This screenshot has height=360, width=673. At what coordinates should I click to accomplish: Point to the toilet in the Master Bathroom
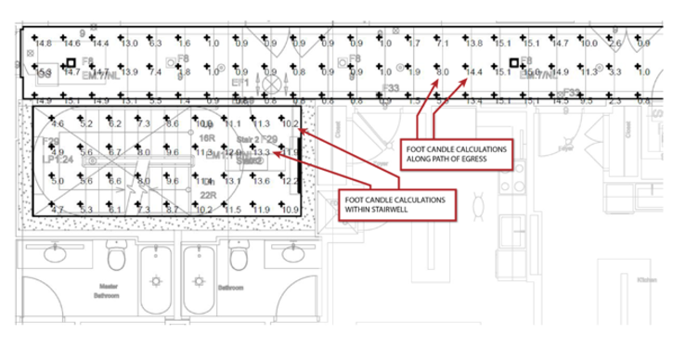point(117,258)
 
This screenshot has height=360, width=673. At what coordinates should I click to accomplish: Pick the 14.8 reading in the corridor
point(44,44)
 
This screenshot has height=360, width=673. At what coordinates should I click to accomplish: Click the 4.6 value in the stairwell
point(58,122)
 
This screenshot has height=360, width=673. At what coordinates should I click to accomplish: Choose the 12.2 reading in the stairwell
point(290,181)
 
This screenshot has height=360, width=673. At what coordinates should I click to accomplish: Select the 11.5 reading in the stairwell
point(233,211)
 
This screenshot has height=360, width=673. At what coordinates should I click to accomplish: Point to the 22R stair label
point(208,195)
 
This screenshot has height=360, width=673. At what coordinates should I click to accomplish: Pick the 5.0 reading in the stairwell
point(58,181)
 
